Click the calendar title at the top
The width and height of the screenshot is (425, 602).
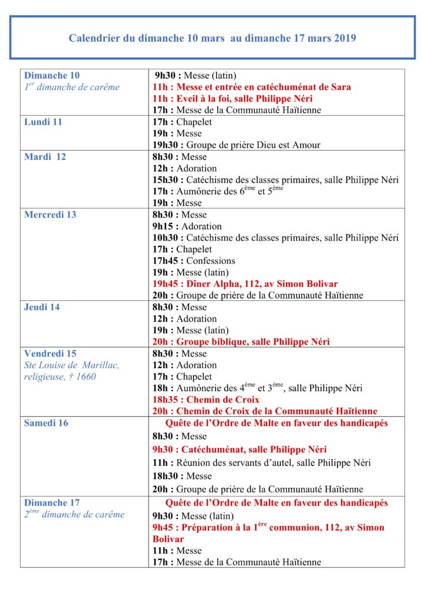tap(212, 39)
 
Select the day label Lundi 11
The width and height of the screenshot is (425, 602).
tap(43, 122)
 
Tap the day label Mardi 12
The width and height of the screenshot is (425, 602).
tap(45, 157)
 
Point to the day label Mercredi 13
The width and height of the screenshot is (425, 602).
tap(50, 215)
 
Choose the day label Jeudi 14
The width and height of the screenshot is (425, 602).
tap(42, 307)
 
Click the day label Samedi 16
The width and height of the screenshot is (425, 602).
tap(46, 423)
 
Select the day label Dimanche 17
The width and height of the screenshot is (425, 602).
tap(52, 503)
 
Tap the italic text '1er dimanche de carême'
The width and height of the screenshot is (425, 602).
tap(72, 87)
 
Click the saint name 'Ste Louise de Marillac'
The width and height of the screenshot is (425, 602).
tap(72, 365)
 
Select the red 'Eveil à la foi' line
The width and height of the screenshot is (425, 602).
tap(232, 99)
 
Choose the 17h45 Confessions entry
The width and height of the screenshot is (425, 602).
tap(194, 261)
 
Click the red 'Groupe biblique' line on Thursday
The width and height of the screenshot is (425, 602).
tap(241, 342)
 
